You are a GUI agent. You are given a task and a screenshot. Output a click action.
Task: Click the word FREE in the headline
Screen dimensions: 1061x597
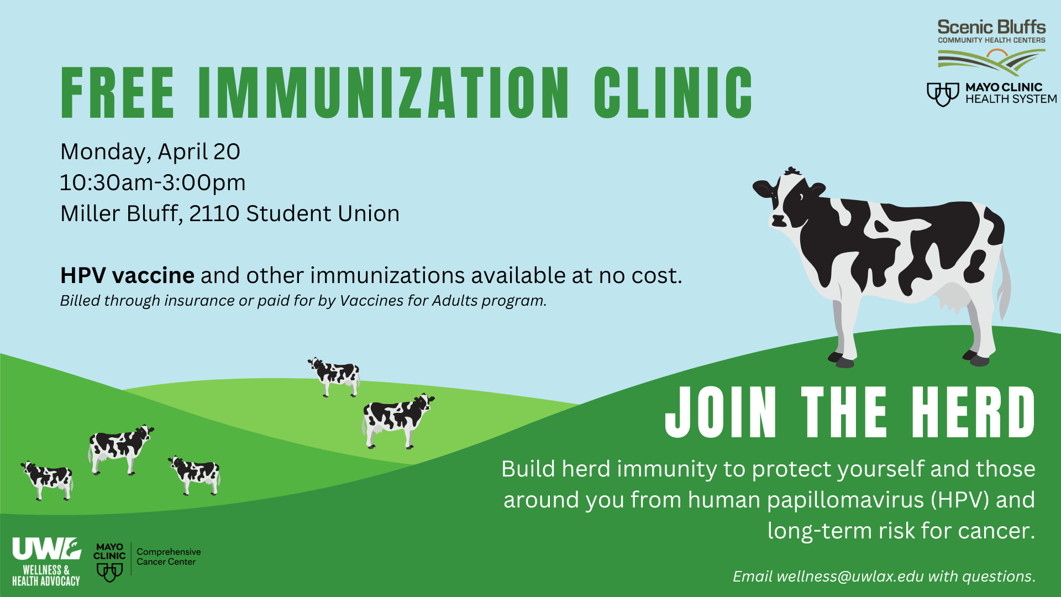(118, 93)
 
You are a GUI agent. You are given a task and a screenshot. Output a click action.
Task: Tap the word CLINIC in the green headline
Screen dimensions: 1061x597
(673, 93)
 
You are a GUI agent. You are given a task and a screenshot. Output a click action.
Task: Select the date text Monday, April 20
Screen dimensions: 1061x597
(150, 152)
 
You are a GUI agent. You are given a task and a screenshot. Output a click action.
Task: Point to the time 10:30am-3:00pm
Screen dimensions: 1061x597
(153, 183)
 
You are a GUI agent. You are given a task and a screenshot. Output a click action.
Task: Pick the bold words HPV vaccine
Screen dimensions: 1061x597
(128, 275)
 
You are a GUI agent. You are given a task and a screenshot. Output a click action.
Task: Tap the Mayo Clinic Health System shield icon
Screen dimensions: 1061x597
(943, 94)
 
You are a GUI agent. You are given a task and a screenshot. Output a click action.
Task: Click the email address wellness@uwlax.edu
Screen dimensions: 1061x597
(850, 577)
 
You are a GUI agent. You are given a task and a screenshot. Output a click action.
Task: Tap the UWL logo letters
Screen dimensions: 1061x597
(46, 549)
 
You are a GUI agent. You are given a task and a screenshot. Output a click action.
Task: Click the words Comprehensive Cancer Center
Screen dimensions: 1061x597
(169, 557)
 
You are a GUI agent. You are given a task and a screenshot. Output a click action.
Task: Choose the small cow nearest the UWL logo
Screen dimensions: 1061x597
(48, 480)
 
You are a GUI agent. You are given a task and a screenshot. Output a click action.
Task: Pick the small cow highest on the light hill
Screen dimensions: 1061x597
(334, 376)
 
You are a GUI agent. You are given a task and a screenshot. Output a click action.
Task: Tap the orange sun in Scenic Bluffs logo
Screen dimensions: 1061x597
(997, 54)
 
